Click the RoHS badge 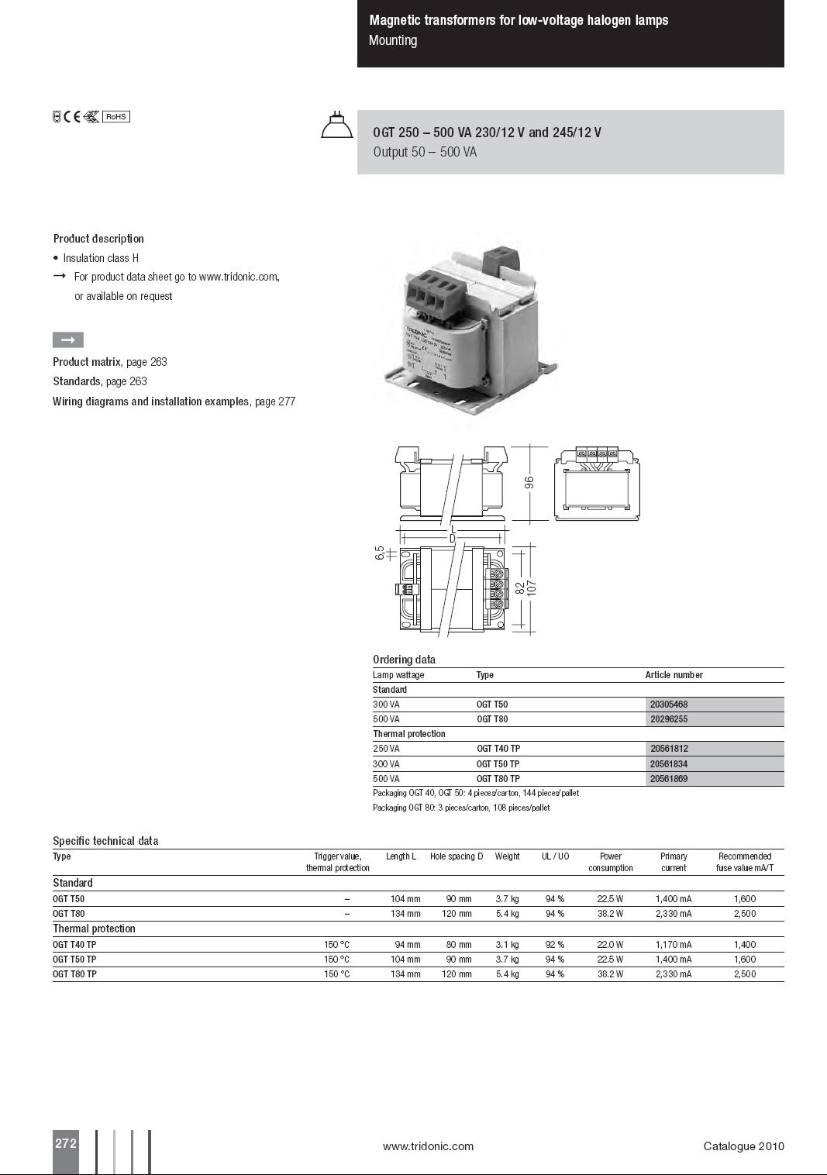116,117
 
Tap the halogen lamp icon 336,126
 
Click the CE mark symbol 72,117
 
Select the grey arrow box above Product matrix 68,340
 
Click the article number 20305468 669,705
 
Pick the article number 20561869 669,779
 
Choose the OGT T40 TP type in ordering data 498,749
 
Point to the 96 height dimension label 529,482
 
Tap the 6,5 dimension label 380,553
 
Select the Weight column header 508,856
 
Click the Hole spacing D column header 457,856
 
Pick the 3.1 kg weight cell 508,945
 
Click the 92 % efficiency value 555,945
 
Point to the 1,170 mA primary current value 674,945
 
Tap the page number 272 66,1143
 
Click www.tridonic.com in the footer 428,1146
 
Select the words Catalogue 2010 743,1146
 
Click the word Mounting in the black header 393,40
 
